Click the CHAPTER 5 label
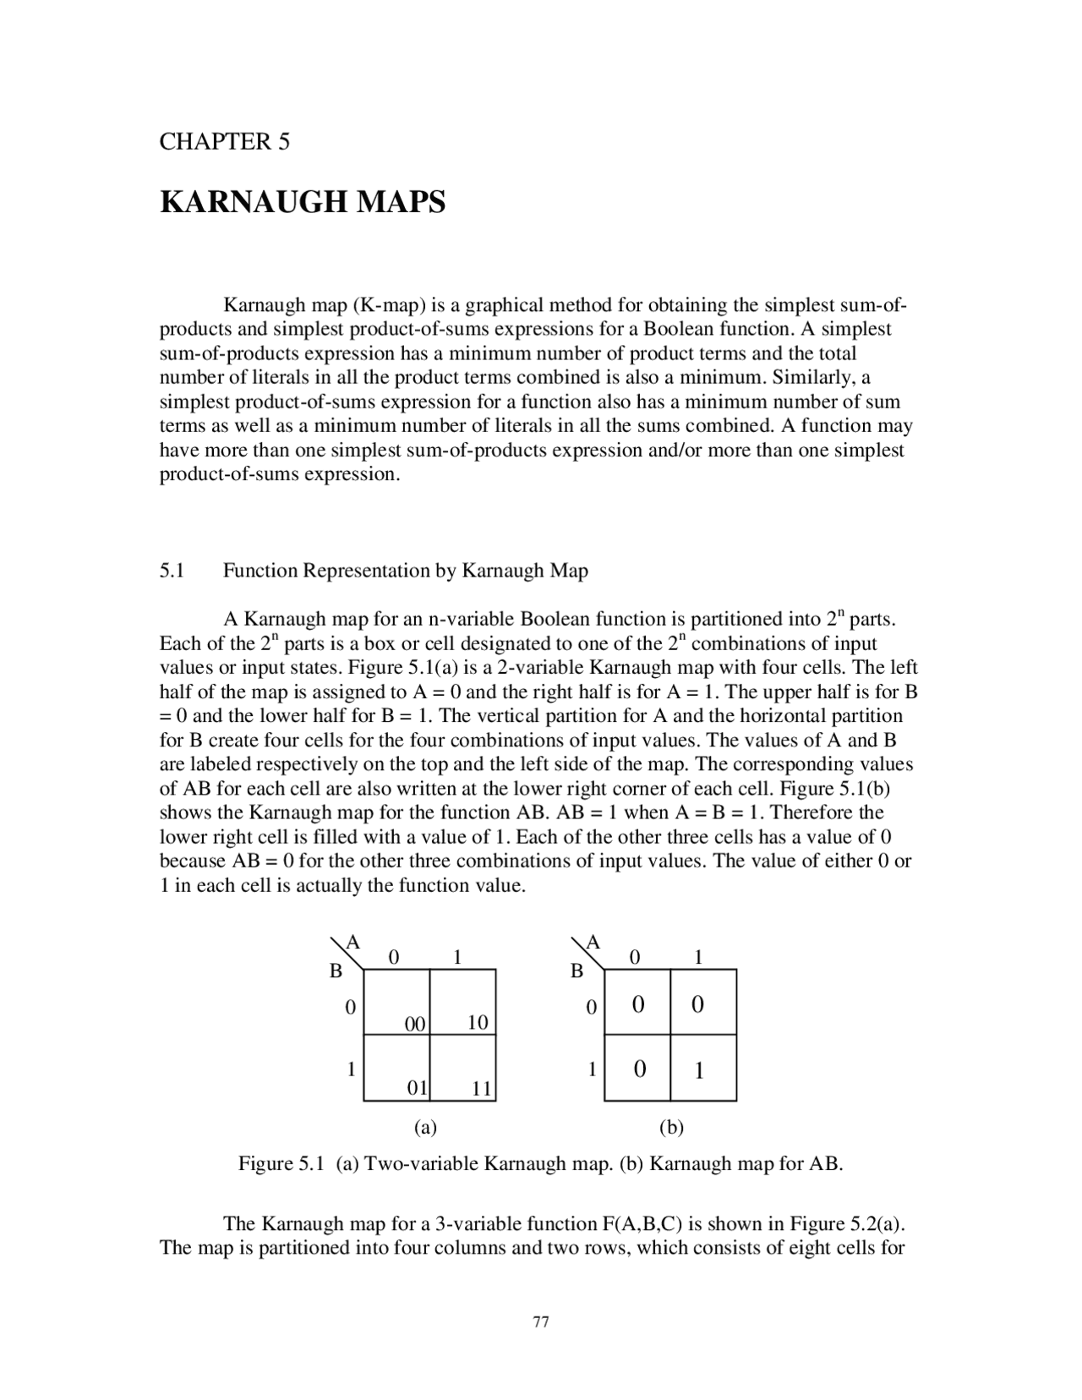tap(224, 142)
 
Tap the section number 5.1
tap(172, 571)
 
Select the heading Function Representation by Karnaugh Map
tap(405, 571)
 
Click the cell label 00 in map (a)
tap(414, 1024)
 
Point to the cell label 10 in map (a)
tap(478, 1022)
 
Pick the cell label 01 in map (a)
tap(417, 1088)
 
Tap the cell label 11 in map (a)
tap(481, 1089)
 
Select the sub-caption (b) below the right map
tap(671, 1127)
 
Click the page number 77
tap(541, 1322)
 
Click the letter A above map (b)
tap(593, 942)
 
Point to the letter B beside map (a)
tap(336, 971)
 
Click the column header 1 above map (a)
tap(456, 957)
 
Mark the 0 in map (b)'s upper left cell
tap(638, 1004)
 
